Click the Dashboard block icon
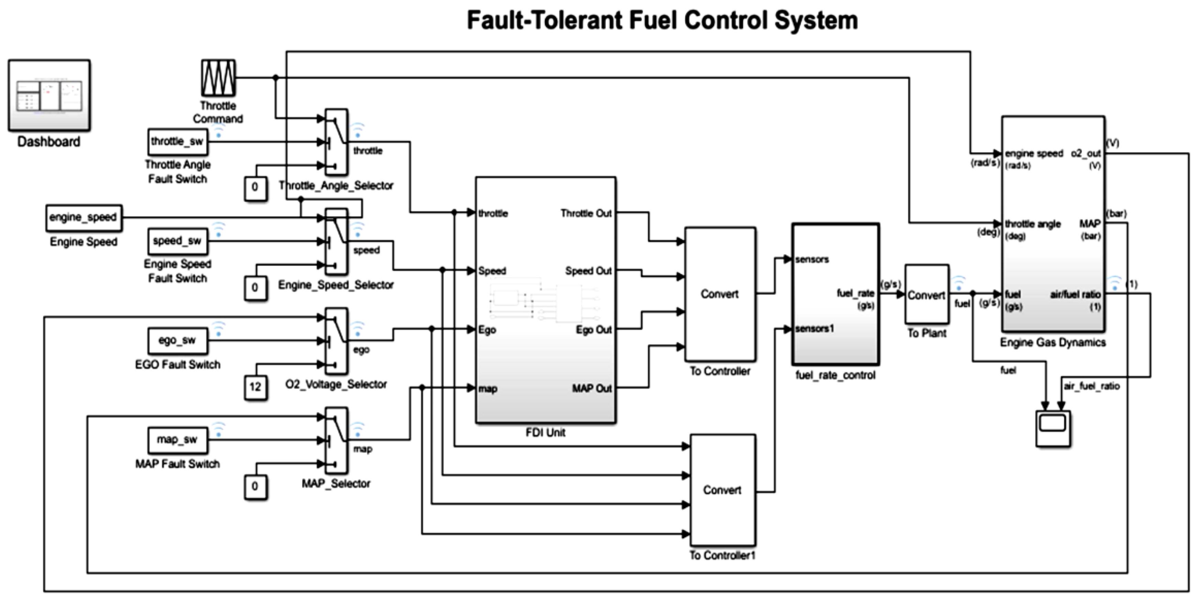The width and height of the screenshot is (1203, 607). [x=49, y=95]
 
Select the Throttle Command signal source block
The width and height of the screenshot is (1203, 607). [x=218, y=78]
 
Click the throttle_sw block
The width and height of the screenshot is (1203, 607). [x=177, y=142]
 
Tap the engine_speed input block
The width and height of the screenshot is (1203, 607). [x=84, y=218]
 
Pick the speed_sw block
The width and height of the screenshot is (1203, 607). [x=177, y=241]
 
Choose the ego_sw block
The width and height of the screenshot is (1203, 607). [x=177, y=340]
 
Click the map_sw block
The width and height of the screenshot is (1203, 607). [x=177, y=440]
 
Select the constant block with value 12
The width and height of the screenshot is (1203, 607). [x=255, y=387]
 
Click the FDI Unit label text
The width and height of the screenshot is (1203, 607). [x=545, y=433]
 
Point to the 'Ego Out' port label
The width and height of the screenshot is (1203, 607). [x=593, y=330]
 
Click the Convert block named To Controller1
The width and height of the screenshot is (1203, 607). [x=722, y=490]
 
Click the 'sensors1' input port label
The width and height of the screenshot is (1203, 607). [x=814, y=329]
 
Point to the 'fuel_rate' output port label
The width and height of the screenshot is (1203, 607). [x=855, y=293]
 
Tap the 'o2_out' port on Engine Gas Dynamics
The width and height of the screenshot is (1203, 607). [x=1085, y=154]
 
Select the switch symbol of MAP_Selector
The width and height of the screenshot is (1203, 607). [x=336, y=440]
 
